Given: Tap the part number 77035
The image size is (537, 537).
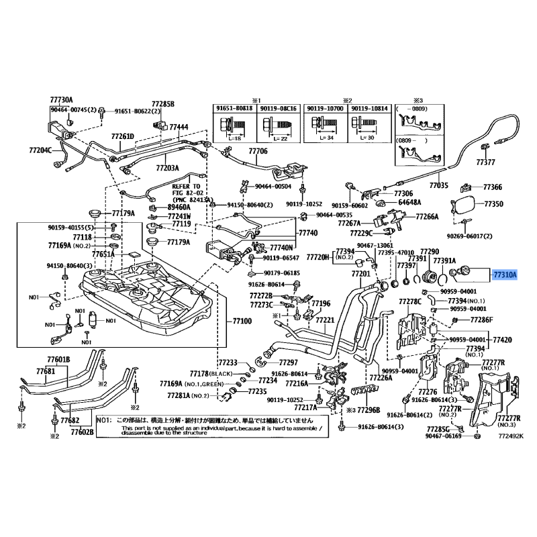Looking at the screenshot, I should [438, 185].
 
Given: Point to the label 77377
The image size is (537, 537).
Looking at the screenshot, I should [485, 162].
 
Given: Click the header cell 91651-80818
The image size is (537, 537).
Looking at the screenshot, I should [234, 108].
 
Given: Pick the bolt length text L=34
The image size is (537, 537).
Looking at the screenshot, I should [318, 138].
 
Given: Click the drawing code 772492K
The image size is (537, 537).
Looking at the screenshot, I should [509, 436].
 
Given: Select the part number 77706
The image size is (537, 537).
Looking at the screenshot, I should [257, 152].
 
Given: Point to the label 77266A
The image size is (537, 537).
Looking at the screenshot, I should [426, 217].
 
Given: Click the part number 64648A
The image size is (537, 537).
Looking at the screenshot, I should [409, 201].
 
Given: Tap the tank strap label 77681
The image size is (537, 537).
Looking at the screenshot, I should [45, 371].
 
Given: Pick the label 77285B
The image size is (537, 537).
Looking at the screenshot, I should [162, 104].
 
